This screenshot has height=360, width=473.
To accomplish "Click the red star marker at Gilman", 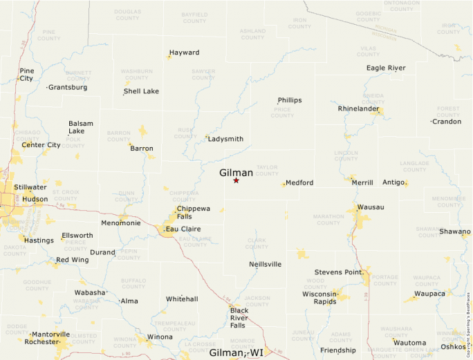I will (236, 180).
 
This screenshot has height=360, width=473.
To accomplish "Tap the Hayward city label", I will (184, 53).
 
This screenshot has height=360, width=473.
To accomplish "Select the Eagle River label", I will (386, 68).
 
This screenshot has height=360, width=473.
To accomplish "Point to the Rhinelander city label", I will (358, 108).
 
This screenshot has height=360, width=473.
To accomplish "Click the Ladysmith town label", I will (226, 139).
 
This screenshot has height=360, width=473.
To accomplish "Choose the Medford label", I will (299, 182).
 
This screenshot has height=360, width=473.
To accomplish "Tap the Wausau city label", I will (370, 207).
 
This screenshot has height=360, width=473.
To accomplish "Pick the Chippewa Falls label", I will (194, 212).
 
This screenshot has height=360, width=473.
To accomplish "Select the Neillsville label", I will (265, 264).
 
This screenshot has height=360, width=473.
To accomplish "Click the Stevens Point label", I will (339, 272).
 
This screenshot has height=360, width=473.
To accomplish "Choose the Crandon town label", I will (446, 122).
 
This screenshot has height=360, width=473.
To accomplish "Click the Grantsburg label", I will (68, 88).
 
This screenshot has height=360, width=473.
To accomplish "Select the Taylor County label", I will (267, 169).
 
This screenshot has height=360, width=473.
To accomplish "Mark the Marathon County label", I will (328, 220).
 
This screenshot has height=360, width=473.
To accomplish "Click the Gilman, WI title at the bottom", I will (236, 352).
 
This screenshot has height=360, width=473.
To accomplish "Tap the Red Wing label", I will (72, 260).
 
